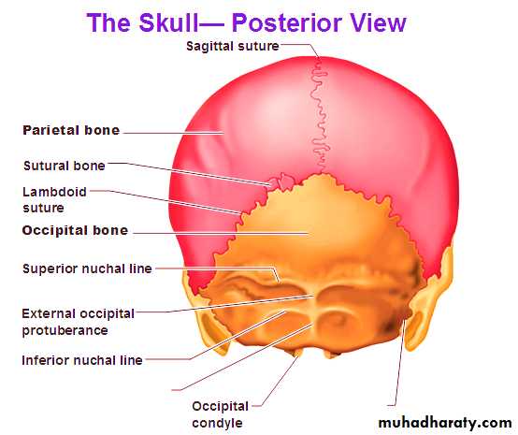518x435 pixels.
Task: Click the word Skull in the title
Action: [x=168, y=22]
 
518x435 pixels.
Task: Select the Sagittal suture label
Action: [x=233, y=46]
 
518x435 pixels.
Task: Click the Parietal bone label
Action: [x=71, y=130]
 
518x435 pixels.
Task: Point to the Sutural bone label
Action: [x=65, y=166]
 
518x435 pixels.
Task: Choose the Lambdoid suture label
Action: [x=54, y=199]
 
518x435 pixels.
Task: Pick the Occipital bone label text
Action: [x=75, y=230]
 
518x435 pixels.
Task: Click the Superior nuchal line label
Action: [x=87, y=268]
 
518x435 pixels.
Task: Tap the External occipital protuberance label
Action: [x=78, y=322]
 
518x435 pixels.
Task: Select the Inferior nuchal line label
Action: [x=82, y=360]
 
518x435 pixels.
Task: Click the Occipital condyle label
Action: [x=220, y=414]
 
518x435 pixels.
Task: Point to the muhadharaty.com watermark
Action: [x=445, y=423]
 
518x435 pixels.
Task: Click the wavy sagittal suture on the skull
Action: [x=319, y=116]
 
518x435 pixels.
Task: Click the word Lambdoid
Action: [x=54, y=192]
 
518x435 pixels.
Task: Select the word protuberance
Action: [x=65, y=330]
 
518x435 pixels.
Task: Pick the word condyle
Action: [x=217, y=423]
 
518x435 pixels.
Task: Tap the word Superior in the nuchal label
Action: [x=50, y=268]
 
